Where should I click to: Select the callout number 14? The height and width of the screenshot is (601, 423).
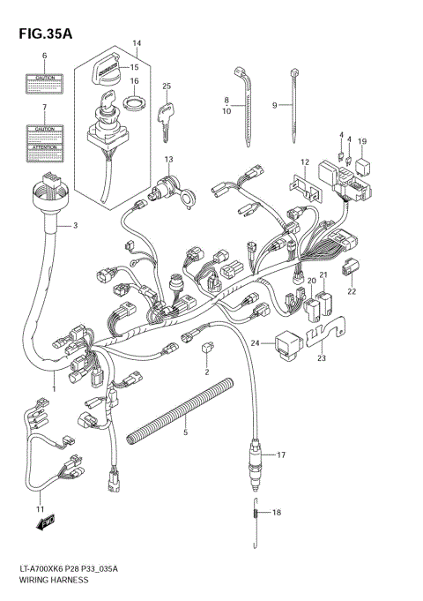tap(137, 42)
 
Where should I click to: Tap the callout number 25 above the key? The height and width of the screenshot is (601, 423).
tap(165, 86)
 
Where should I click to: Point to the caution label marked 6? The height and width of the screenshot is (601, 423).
tap(44, 85)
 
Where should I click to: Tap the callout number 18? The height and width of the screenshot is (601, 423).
tap(276, 513)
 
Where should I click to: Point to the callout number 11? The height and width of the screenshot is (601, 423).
tap(39, 510)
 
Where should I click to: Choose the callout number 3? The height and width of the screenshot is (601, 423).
tap(75, 226)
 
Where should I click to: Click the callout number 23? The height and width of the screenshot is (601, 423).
tap(322, 358)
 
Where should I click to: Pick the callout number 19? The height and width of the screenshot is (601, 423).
tap(362, 141)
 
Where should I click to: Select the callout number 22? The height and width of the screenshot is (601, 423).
tap(352, 291)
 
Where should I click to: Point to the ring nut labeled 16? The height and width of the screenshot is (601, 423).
tap(133, 105)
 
